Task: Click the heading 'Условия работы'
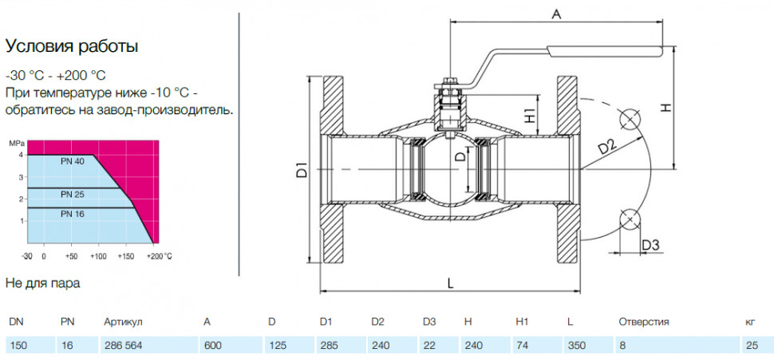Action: click(72, 47)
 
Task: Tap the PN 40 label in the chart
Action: click(73, 160)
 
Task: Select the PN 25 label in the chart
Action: click(73, 195)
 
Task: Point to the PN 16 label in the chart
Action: click(73, 214)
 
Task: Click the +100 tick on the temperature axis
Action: click(98, 256)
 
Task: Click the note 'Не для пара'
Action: click(42, 283)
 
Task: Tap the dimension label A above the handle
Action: click(556, 15)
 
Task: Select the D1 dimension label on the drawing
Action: click(302, 170)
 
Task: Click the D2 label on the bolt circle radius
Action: click(607, 147)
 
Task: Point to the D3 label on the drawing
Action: click(650, 244)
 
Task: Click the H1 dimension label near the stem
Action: click(530, 116)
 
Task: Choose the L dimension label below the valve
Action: click(450, 283)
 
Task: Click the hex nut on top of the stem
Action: click(450, 81)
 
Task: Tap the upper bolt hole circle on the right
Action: click(630, 119)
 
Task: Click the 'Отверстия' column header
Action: click(644, 322)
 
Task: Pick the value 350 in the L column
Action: click(576, 346)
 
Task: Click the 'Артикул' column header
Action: click(124, 322)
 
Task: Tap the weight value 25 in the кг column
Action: click(752, 346)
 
